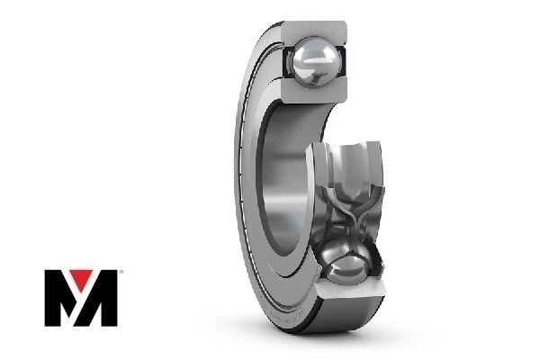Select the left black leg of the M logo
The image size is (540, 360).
(56, 298)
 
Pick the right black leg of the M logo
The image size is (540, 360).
(108, 298)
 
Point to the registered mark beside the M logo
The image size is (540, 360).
(121, 271)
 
